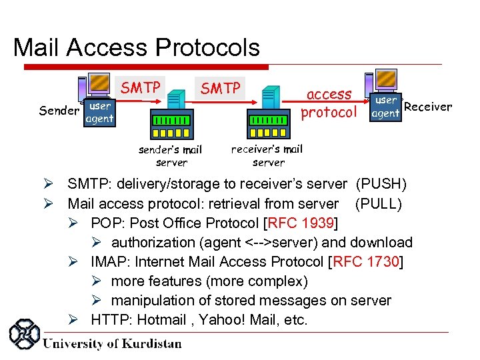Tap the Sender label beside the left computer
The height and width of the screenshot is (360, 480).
pos(59,111)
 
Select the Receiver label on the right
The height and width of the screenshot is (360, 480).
pos(428,106)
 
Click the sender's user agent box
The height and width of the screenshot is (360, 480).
pos(100,113)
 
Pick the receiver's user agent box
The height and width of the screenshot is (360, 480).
pos(386,107)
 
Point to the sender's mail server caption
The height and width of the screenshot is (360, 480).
pos(171,156)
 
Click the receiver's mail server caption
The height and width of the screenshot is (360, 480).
pos(267,155)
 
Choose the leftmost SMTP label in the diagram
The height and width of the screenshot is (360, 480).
pos(140,87)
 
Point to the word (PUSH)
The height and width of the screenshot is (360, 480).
pos(381,184)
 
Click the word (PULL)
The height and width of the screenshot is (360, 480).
pos(379,203)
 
